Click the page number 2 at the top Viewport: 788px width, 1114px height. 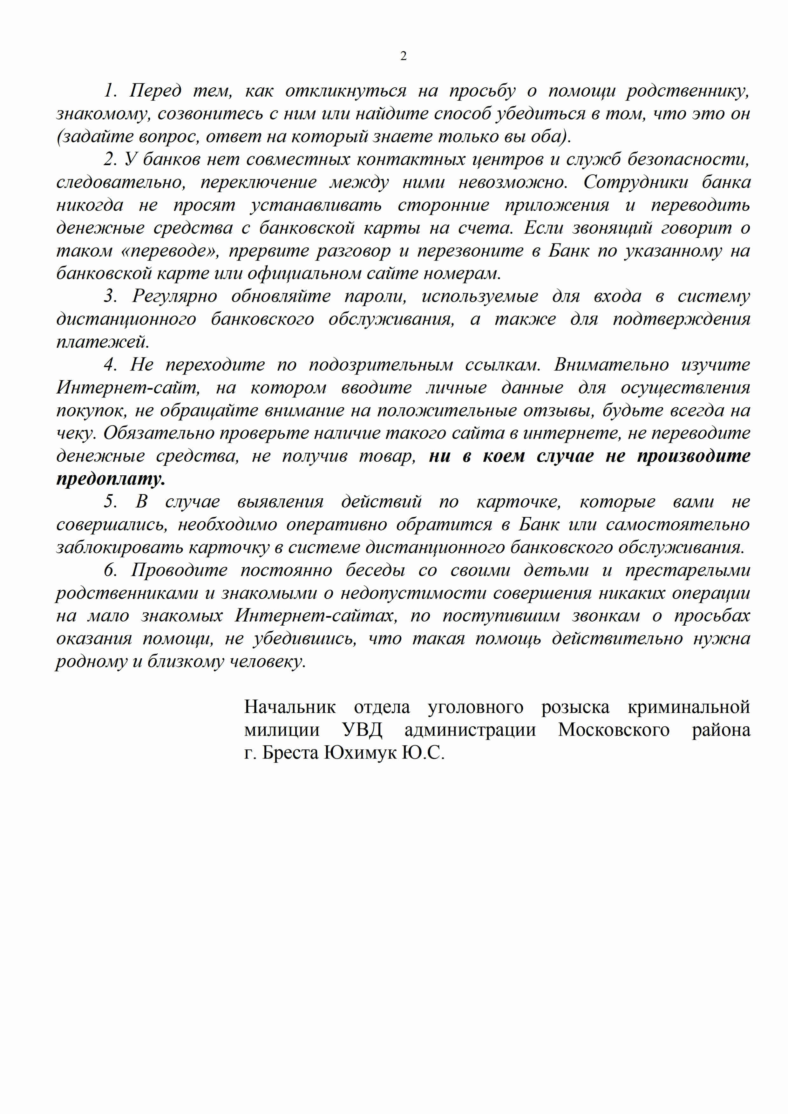pyautogui.click(x=403, y=56)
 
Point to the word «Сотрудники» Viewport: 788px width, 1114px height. pyautogui.click(x=635, y=182)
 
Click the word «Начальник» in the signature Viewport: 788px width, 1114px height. pyautogui.click(x=290, y=707)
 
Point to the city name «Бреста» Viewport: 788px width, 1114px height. pyautogui.click(x=290, y=753)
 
